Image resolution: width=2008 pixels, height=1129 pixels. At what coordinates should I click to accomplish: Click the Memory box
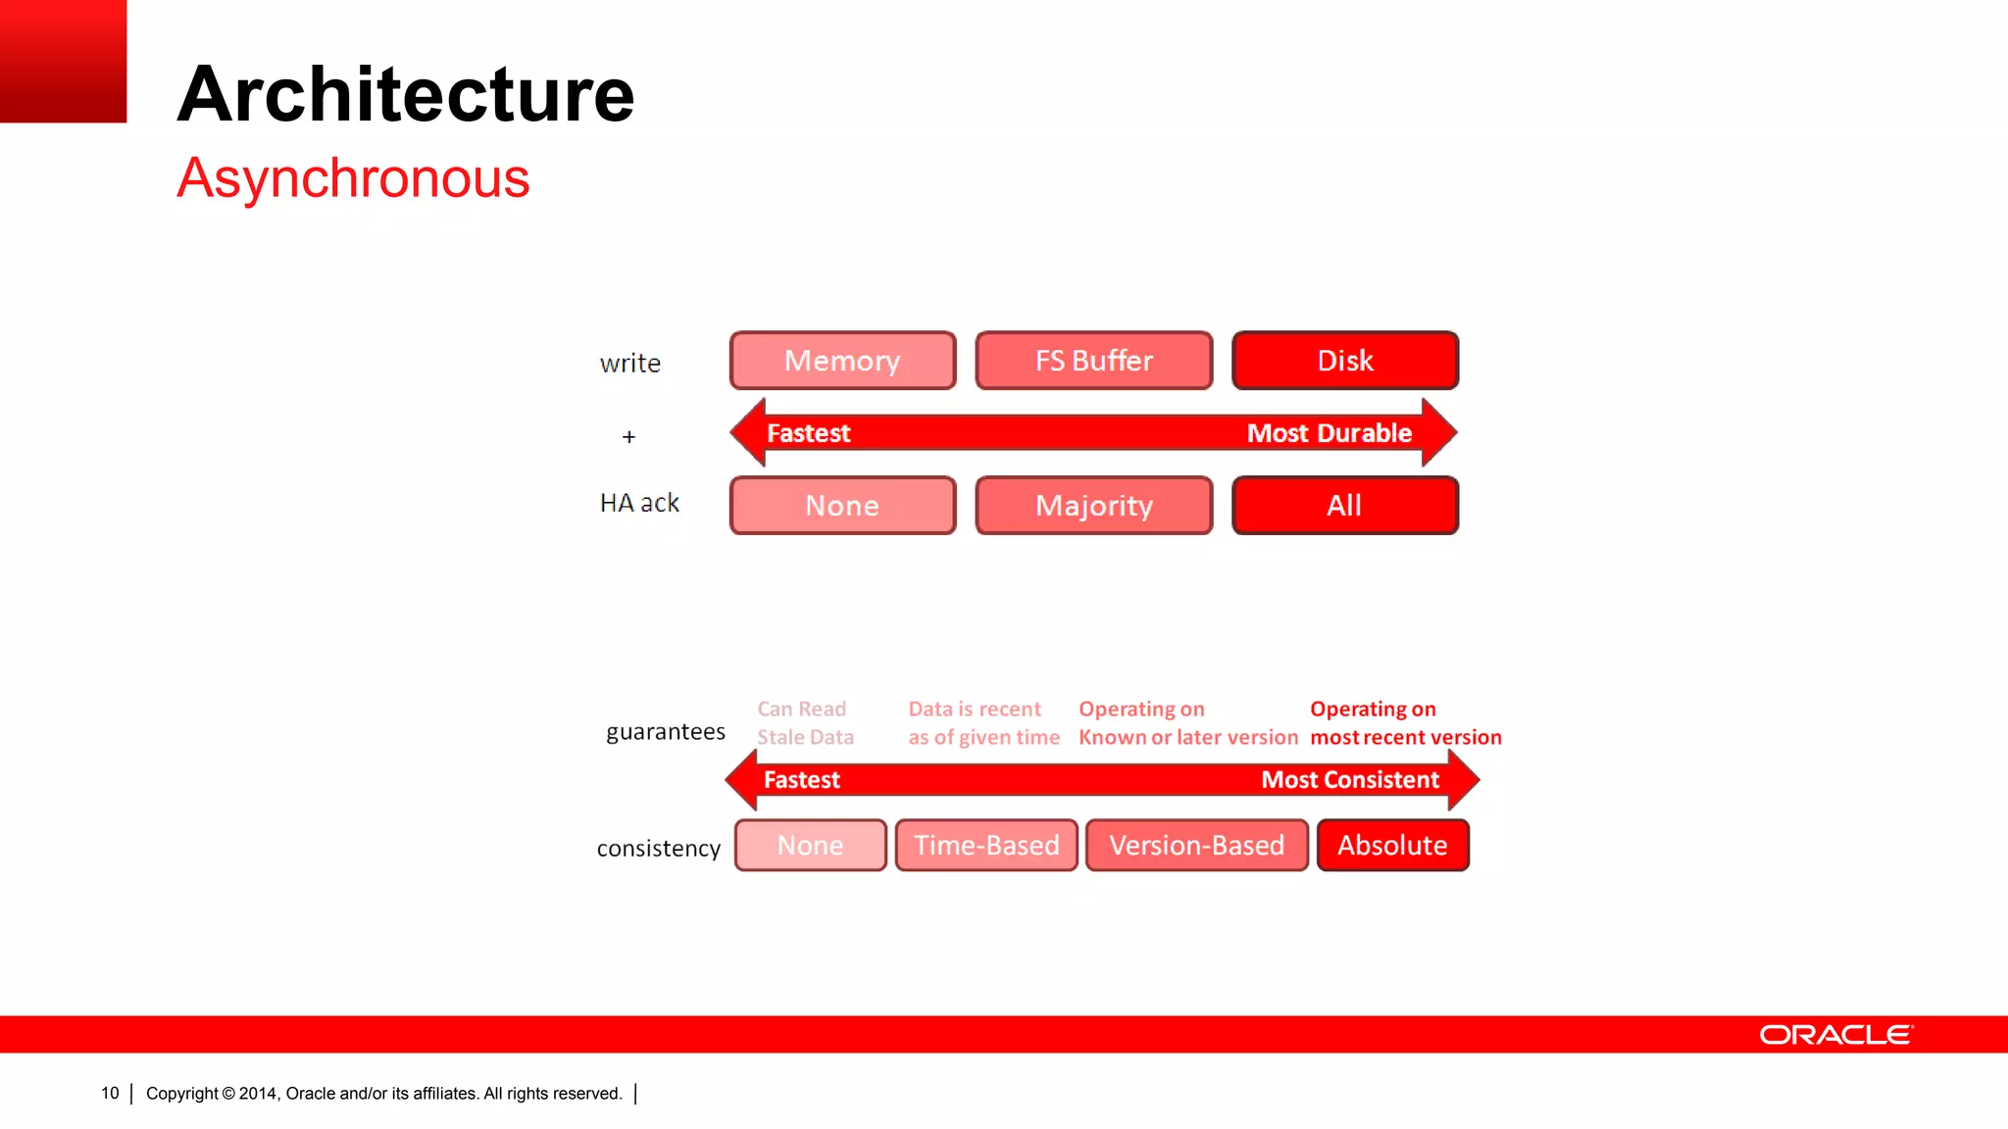pyautogui.click(x=842, y=361)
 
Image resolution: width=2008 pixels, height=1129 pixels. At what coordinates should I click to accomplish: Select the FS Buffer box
pyautogui.click(x=1093, y=361)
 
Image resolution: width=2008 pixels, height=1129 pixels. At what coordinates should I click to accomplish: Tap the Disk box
pyautogui.click(x=1344, y=361)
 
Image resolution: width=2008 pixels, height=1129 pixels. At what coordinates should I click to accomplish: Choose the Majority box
pyautogui.click(x=1093, y=506)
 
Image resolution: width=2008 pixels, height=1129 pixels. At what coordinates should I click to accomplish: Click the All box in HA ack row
pyautogui.click(x=1344, y=506)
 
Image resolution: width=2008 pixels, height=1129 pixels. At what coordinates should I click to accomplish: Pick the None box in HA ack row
pyautogui.click(x=842, y=506)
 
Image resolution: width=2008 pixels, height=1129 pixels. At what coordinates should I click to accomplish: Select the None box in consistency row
pyautogui.click(x=810, y=845)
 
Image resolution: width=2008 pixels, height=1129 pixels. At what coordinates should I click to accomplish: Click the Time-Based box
pyautogui.click(x=986, y=845)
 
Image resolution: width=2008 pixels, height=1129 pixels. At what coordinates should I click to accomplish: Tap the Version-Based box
pyautogui.click(x=1196, y=845)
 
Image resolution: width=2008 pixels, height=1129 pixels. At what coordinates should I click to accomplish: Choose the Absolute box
pyautogui.click(x=1392, y=845)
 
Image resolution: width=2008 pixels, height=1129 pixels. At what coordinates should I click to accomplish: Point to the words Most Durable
pyautogui.click(x=1329, y=433)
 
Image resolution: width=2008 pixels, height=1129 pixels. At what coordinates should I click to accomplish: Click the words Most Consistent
pyautogui.click(x=1349, y=780)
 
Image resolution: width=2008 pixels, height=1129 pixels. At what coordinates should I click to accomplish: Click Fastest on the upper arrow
pyautogui.click(x=808, y=433)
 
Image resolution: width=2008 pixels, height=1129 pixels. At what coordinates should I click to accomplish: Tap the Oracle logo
pyautogui.click(x=1835, y=1035)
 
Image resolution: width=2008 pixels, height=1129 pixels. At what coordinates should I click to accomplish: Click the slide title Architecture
pyautogui.click(x=406, y=94)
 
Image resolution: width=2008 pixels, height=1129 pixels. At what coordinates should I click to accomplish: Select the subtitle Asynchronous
pyautogui.click(x=353, y=178)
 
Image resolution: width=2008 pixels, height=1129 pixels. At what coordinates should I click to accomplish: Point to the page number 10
pyautogui.click(x=110, y=1093)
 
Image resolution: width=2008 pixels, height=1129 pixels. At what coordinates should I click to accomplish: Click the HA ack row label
pyautogui.click(x=639, y=503)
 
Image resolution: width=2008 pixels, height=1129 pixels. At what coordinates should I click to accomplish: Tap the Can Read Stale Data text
pyautogui.click(x=805, y=723)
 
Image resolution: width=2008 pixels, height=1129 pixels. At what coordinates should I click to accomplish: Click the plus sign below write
pyautogui.click(x=628, y=437)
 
